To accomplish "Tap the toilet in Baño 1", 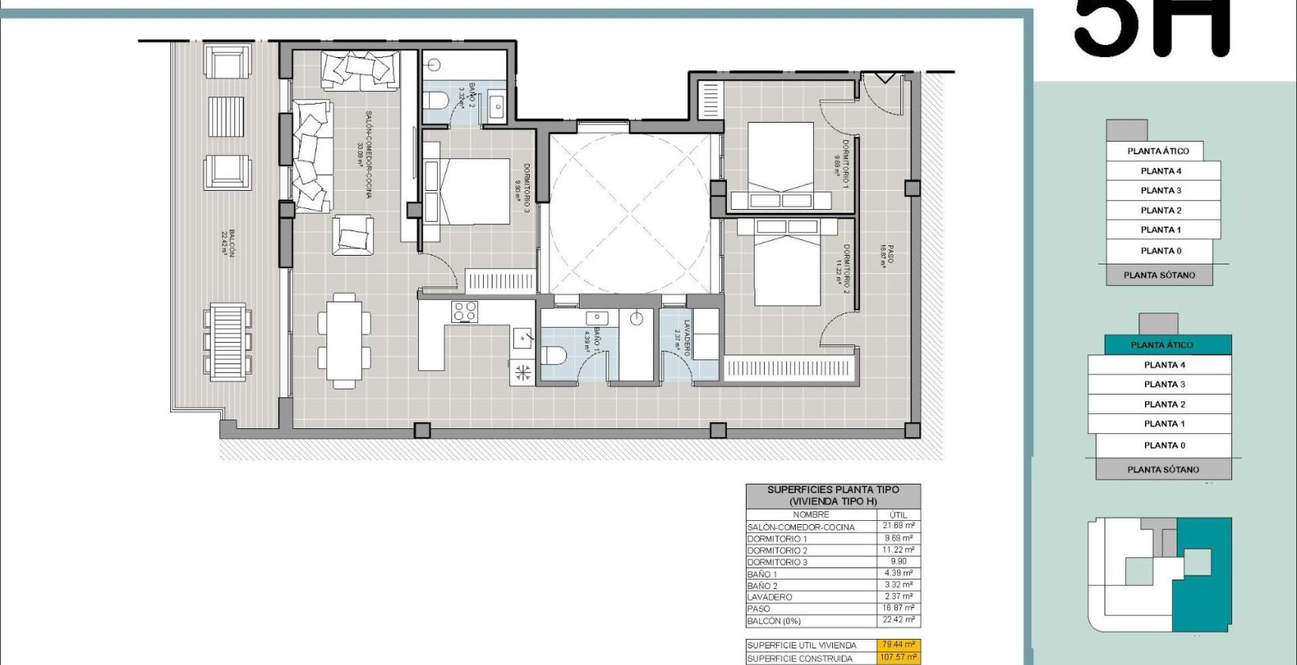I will click(x=553, y=355).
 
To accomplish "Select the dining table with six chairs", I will click(x=344, y=340).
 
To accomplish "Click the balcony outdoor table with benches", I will click(x=228, y=341).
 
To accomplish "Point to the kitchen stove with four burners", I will click(x=465, y=311).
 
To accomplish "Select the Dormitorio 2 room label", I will click(x=845, y=264).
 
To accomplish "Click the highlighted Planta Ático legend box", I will click(x=1161, y=344).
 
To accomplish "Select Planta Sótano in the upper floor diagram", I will click(x=1159, y=275).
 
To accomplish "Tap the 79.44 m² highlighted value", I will click(x=898, y=645).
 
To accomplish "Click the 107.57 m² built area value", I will click(x=898, y=658).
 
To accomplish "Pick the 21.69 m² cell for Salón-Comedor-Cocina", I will click(x=898, y=526).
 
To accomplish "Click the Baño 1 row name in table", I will click(x=762, y=574).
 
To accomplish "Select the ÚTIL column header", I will click(x=898, y=515).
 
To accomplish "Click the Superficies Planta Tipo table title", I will click(x=832, y=496).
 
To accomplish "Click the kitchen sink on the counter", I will click(x=523, y=338).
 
